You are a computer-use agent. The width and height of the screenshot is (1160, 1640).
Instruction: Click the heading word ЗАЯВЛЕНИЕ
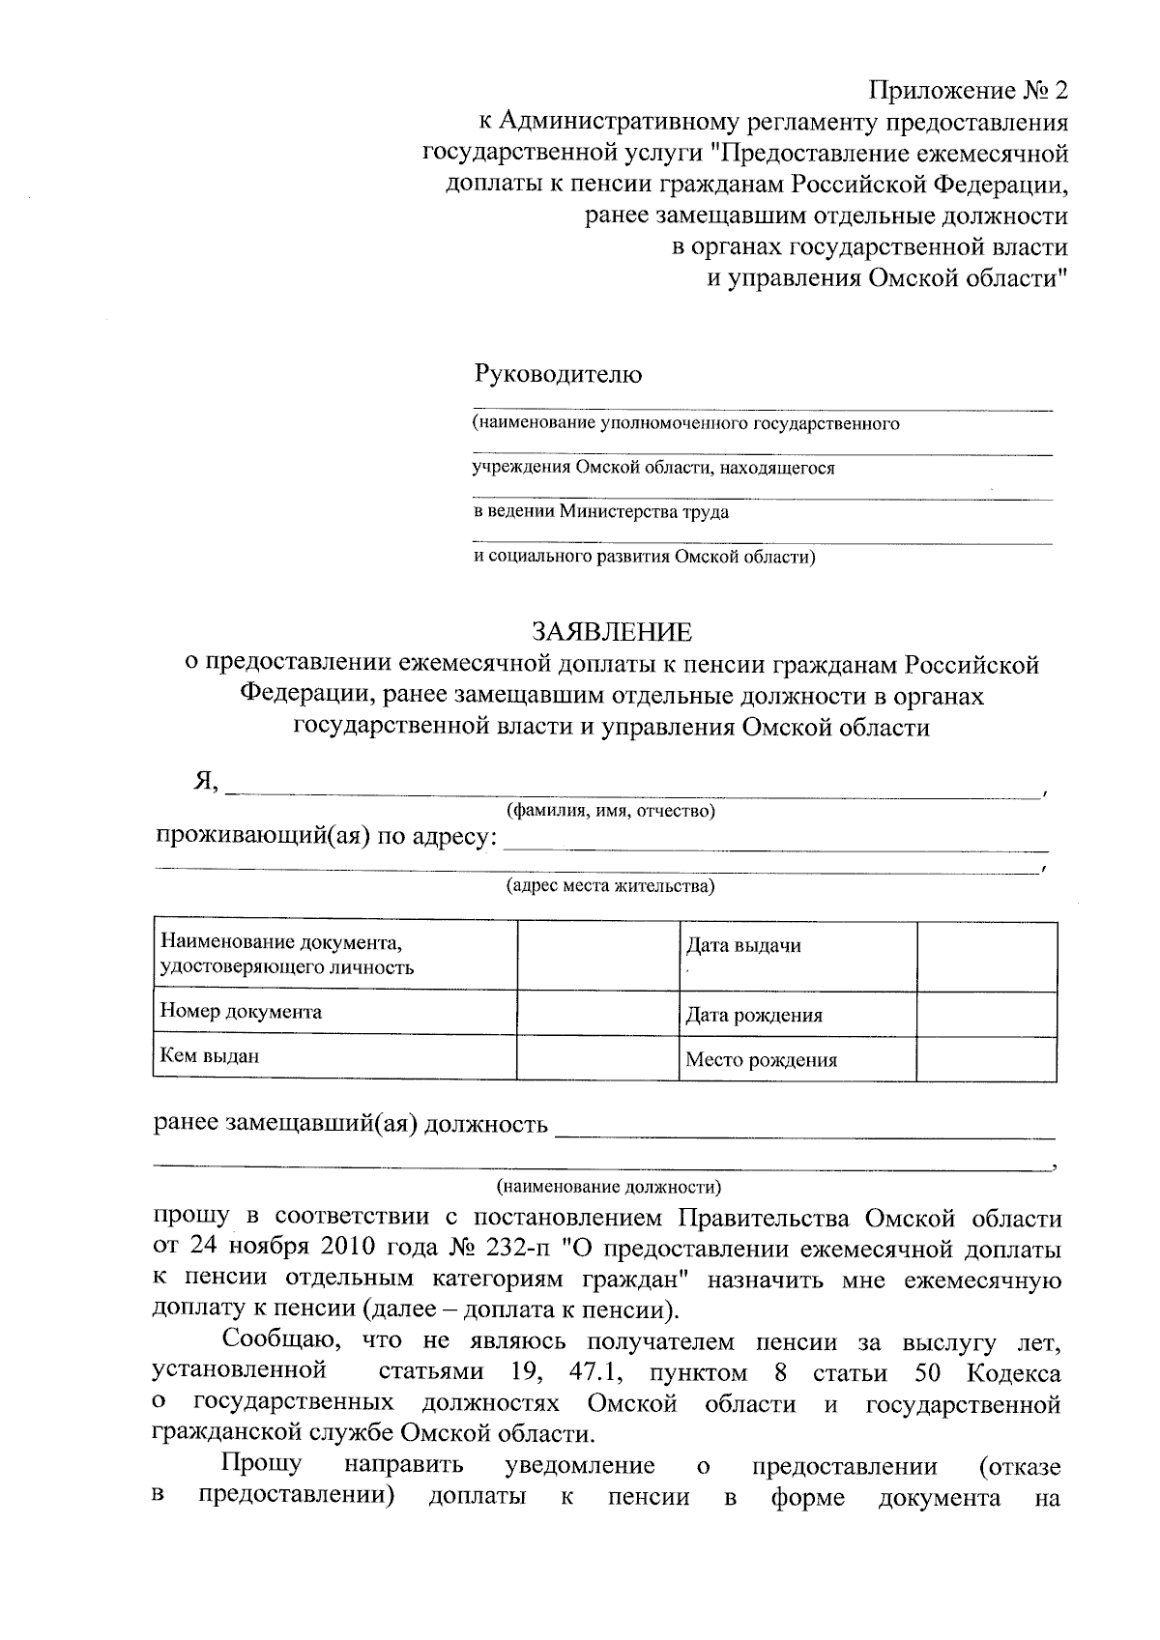612,632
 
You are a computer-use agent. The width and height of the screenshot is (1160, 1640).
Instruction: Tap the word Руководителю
557,374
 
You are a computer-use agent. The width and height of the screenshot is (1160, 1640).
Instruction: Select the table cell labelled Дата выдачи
797,955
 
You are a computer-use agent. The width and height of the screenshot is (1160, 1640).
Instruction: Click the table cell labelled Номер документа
334,1012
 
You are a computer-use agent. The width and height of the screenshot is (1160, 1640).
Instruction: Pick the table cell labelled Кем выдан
334,1056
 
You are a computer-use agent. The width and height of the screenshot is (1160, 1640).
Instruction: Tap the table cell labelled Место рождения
797,1059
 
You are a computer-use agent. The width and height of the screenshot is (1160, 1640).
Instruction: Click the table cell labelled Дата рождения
797,1015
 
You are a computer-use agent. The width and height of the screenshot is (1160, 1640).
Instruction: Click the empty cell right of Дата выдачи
986,955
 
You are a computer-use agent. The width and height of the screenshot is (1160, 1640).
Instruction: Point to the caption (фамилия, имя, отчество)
611,811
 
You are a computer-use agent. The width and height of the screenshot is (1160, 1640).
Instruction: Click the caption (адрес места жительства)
611,886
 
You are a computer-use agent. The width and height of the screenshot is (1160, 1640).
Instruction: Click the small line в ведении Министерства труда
600,512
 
